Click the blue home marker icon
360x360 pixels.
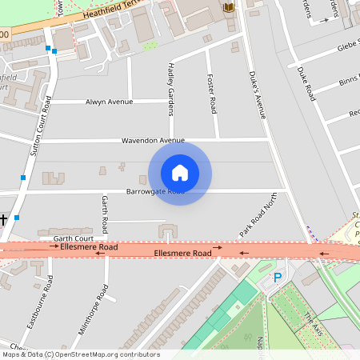(x=180, y=172)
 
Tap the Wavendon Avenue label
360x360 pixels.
(x=153, y=141)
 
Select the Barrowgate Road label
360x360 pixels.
(x=155, y=192)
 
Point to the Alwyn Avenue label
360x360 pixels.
(x=109, y=102)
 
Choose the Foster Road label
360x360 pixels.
(x=213, y=94)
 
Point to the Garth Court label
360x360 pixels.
(x=74, y=238)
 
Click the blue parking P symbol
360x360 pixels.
(x=278, y=278)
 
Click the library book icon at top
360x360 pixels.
(x=230, y=8)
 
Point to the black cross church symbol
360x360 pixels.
(x=4, y=218)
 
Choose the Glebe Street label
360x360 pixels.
(x=345, y=46)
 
